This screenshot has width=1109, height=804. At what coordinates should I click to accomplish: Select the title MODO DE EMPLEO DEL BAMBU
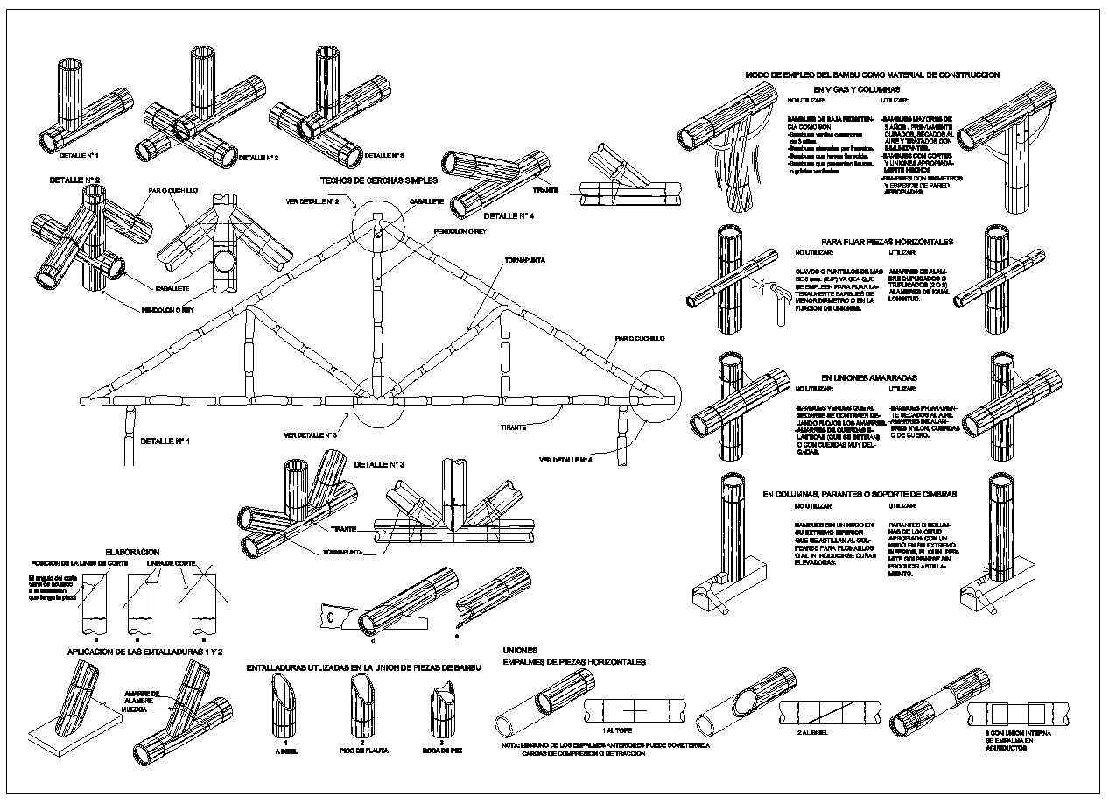[x=871, y=75]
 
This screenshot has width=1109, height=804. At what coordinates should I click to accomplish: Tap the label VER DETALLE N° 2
[x=312, y=201]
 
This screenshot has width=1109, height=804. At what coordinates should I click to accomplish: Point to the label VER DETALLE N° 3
[x=310, y=434]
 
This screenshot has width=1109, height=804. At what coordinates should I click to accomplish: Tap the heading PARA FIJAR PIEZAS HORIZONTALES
[x=887, y=242]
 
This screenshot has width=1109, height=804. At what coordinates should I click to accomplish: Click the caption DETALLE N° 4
[x=509, y=215]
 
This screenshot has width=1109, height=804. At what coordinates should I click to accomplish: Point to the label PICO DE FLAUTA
[x=358, y=751]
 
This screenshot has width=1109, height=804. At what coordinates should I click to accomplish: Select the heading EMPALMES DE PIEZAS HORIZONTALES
[x=573, y=661]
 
